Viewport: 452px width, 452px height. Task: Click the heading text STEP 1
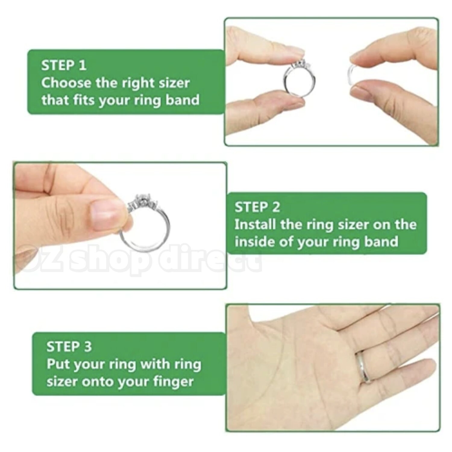[x=64, y=65]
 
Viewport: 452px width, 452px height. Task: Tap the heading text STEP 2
[x=257, y=207]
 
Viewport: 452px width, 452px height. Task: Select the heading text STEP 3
[x=69, y=347]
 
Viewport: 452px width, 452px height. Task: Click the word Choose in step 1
[x=66, y=83]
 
